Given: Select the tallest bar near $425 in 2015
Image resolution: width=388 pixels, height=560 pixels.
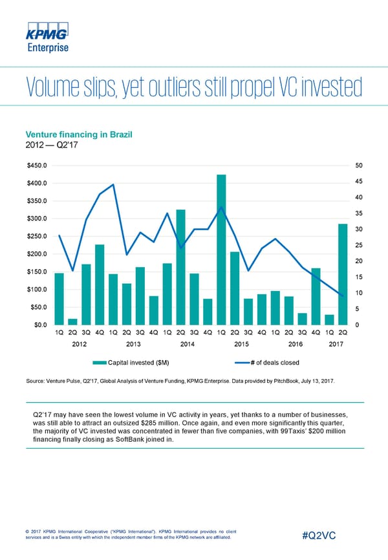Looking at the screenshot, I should pyautogui.click(x=221, y=249).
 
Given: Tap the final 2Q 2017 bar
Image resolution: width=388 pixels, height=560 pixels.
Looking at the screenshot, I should pyautogui.click(x=343, y=274).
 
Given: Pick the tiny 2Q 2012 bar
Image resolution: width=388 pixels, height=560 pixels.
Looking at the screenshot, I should pyautogui.click(x=72, y=321).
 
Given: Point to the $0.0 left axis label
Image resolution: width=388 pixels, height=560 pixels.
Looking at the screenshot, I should pyautogui.click(x=39, y=325).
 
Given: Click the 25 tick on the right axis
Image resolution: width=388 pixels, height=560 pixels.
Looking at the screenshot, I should pyautogui.click(x=360, y=245).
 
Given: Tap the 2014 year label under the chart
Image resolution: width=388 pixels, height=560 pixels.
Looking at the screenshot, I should pyautogui.click(x=188, y=345).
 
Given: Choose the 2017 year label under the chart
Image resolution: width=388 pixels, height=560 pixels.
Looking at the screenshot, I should pyautogui.click(x=336, y=345).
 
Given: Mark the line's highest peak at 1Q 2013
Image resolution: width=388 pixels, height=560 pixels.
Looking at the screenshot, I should pyautogui.click(x=113, y=184).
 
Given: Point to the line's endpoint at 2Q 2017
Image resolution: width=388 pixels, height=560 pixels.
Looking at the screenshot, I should pyautogui.click(x=343, y=296).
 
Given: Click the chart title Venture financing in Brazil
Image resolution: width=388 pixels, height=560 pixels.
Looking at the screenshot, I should pyautogui.click(x=78, y=135).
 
